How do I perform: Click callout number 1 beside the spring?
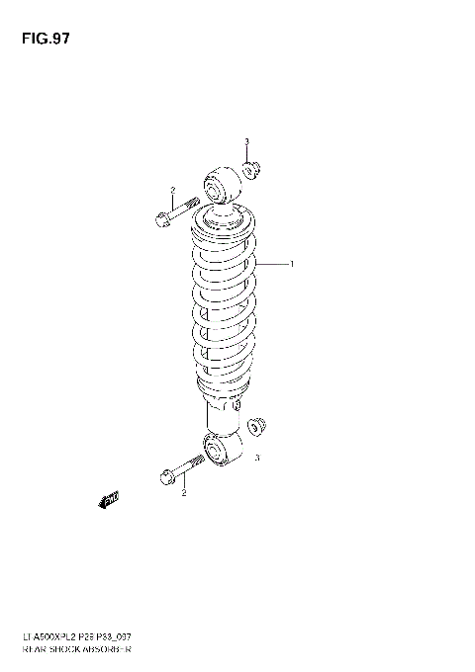tap(292, 264)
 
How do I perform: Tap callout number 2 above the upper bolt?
tap(171, 190)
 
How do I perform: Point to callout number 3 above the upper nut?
tap(246, 142)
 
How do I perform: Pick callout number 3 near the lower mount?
tap(257, 458)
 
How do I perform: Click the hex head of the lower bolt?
tap(165, 479)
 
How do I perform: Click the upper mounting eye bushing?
tap(221, 186)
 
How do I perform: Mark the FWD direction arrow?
tap(108, 500)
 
